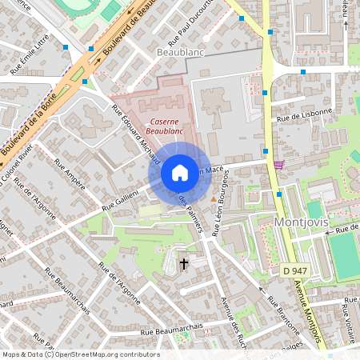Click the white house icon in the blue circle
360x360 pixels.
coord(180,173)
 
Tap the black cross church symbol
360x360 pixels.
coord(184,262)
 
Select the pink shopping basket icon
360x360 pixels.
coord(278,164)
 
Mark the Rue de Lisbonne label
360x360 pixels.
coord(303,116)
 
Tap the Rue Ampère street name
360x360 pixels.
coord(70,174)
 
